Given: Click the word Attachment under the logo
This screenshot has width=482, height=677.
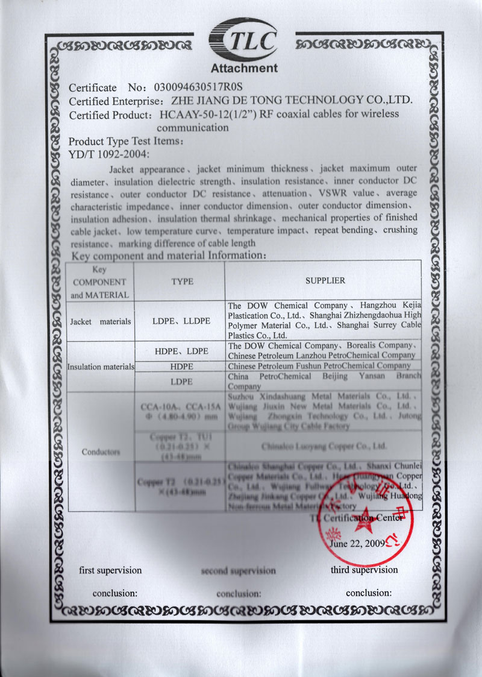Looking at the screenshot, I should pos(244,68).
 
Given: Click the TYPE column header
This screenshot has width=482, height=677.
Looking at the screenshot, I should pos(178,281).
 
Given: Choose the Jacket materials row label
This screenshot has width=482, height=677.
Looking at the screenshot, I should pos(100,321).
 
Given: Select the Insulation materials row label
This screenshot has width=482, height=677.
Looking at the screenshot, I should pos(100,367).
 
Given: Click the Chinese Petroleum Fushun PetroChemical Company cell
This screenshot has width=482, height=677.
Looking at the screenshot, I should pos(319,365).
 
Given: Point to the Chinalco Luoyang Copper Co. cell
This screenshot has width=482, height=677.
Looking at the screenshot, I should pos(324,447).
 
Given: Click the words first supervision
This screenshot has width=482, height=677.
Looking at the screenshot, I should pos(111,570).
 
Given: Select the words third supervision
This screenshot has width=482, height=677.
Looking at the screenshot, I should pos(364,570).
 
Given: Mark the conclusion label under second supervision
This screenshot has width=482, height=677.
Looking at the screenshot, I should pos(239,593).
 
